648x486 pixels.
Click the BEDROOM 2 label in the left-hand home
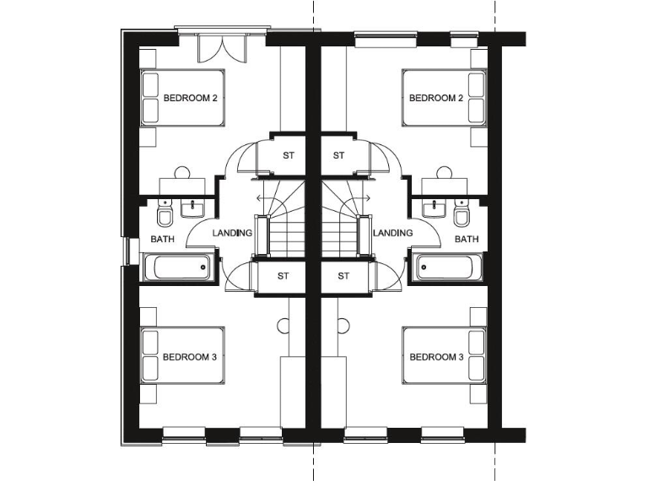(190, 99)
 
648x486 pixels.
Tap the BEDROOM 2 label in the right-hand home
(436, 99)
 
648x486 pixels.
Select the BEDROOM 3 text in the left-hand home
(190, 357)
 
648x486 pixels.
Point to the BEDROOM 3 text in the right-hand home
(436, 357)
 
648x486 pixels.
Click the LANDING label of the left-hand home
(232, 233)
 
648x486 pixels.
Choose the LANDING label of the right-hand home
(392, 233)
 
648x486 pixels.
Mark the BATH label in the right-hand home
(467, 240)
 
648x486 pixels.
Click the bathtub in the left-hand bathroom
(178, 267)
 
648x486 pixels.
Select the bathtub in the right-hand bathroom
(446, 267)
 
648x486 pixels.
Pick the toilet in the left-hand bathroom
(165, 214)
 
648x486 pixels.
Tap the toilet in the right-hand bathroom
(461, 214)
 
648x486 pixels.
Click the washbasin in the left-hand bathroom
(197, 207)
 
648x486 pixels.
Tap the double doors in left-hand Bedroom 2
(221, 48)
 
